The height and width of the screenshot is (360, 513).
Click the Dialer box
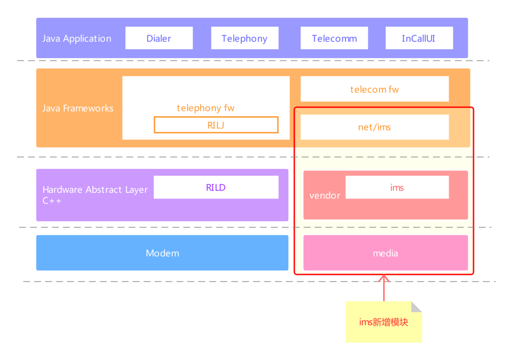click(159, 38)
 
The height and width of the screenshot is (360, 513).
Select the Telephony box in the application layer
click(245, 38)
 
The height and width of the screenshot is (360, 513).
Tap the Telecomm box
click(334, 38)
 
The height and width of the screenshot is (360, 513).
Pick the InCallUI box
click(419, 38)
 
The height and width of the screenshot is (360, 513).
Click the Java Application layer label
click(77, 38)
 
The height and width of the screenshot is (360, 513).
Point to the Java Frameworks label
click(78, 108)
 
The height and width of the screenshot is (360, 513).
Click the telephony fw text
click(206, 108)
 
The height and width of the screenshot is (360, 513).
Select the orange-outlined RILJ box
click(216, 125)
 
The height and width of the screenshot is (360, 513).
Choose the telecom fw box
click(374, 89)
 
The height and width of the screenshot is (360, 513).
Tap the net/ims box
click(374, 127)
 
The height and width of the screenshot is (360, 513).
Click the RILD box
click(216, 187)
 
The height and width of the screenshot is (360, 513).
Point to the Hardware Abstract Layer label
click(95, 190)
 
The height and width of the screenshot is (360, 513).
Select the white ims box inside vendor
click(397, 187)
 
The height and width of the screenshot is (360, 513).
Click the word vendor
click(325, 196)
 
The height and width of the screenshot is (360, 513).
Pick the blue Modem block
click(162, 253)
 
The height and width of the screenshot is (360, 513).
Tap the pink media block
click(385, 253)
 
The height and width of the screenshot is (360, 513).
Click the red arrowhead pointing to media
click(384, 278)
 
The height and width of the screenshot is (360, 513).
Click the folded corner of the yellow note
click(416, 306)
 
